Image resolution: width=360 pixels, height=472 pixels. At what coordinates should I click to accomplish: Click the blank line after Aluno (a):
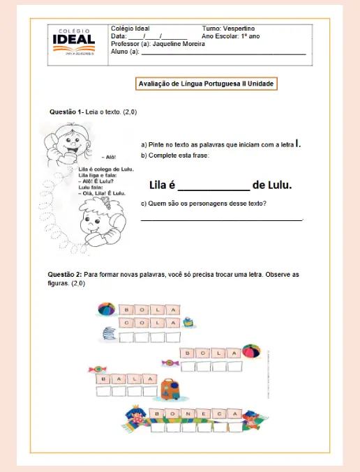223,52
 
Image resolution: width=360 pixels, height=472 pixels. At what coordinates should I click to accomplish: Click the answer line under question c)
222,220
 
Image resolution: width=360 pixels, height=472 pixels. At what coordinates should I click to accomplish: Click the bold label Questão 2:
65,275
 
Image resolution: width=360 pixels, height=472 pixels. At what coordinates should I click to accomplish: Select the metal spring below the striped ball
108,335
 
